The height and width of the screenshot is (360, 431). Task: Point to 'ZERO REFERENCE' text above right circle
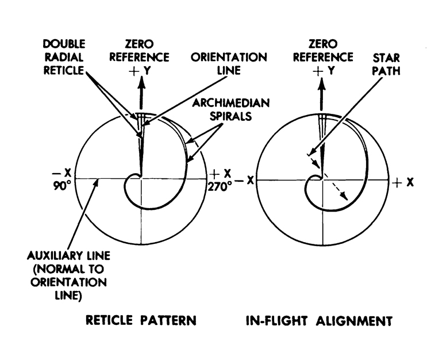pos(323,51)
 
